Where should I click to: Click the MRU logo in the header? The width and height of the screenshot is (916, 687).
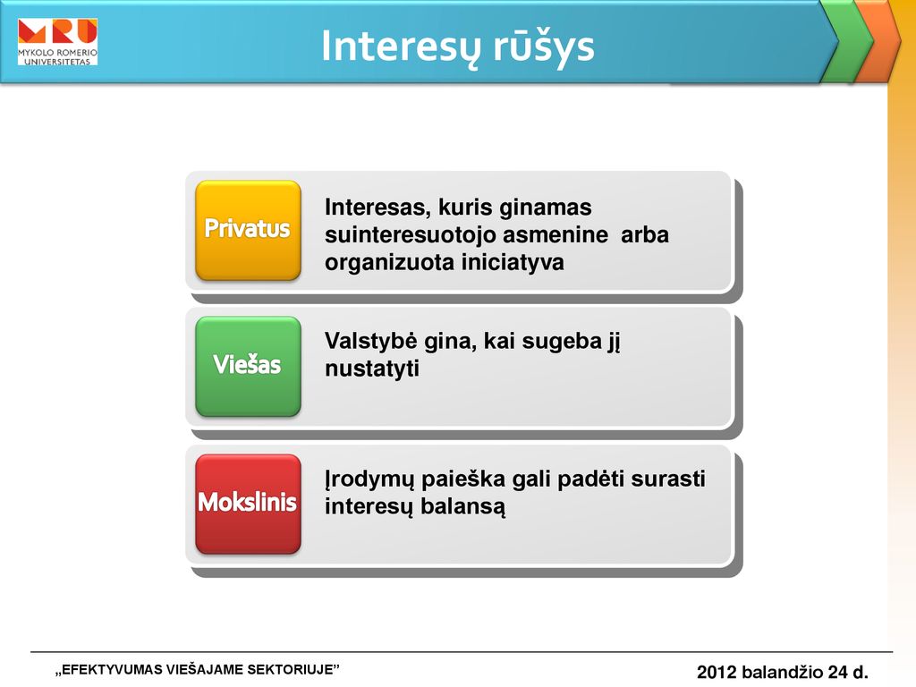coord(57,41)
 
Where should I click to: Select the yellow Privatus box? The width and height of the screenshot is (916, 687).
coord(249,230)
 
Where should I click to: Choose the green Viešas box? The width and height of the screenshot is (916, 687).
coord(249,366)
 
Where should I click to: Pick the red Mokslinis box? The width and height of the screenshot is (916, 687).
coord(249,504)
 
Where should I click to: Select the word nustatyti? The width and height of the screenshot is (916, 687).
coord(372,369)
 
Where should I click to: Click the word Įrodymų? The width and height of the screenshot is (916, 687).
coord(369,479)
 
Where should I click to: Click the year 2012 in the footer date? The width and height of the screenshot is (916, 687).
coord(717,673)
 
